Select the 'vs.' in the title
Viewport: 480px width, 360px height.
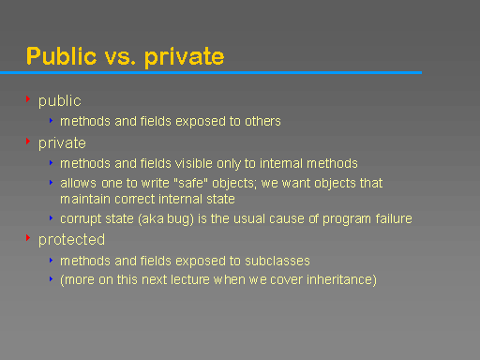(120, 57)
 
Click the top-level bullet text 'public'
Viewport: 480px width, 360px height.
(59, 101)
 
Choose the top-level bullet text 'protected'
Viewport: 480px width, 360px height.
(71, 240)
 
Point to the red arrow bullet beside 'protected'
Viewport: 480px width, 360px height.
(28, 238)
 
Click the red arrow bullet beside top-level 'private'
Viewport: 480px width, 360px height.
(28, 142)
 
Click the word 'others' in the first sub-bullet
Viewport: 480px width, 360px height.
(262, 121)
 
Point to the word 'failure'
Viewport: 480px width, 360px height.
(390, 219)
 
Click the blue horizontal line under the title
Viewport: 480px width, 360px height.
(211, 72)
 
